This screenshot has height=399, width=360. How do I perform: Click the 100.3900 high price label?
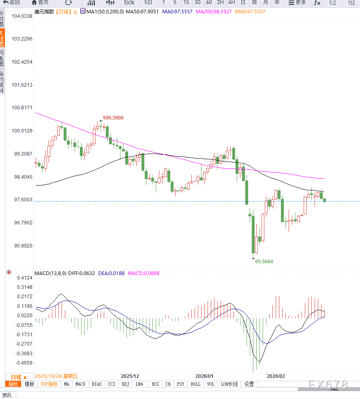[x=113, y=118]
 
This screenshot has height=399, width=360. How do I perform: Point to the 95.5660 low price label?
[x=264, y=262]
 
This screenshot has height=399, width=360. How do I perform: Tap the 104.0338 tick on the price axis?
[x=22, y=16]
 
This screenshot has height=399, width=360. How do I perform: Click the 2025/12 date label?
[x=130, y=376]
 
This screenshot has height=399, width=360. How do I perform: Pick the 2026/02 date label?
[x=276, y=376]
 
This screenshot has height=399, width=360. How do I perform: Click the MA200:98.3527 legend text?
[x=214, y=12]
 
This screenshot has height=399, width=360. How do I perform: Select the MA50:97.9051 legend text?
[x=142, y=12]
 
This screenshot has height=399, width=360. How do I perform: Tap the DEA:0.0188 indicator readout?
[x=111, y=273]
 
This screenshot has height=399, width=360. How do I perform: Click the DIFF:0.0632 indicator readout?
[x=82, y=273]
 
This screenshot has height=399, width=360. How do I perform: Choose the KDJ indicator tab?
[x=125, y=384]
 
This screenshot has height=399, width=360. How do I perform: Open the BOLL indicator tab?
[x=195, y=384]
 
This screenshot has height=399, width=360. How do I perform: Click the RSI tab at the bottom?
[x=155, y=384]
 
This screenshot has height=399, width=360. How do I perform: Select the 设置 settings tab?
[x=249, y=384]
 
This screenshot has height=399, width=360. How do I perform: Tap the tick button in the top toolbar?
[x=129, y=2]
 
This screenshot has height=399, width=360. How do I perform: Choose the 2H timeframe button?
[x=220, y=2]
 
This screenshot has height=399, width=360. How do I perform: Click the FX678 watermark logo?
[x=327, y=384]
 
